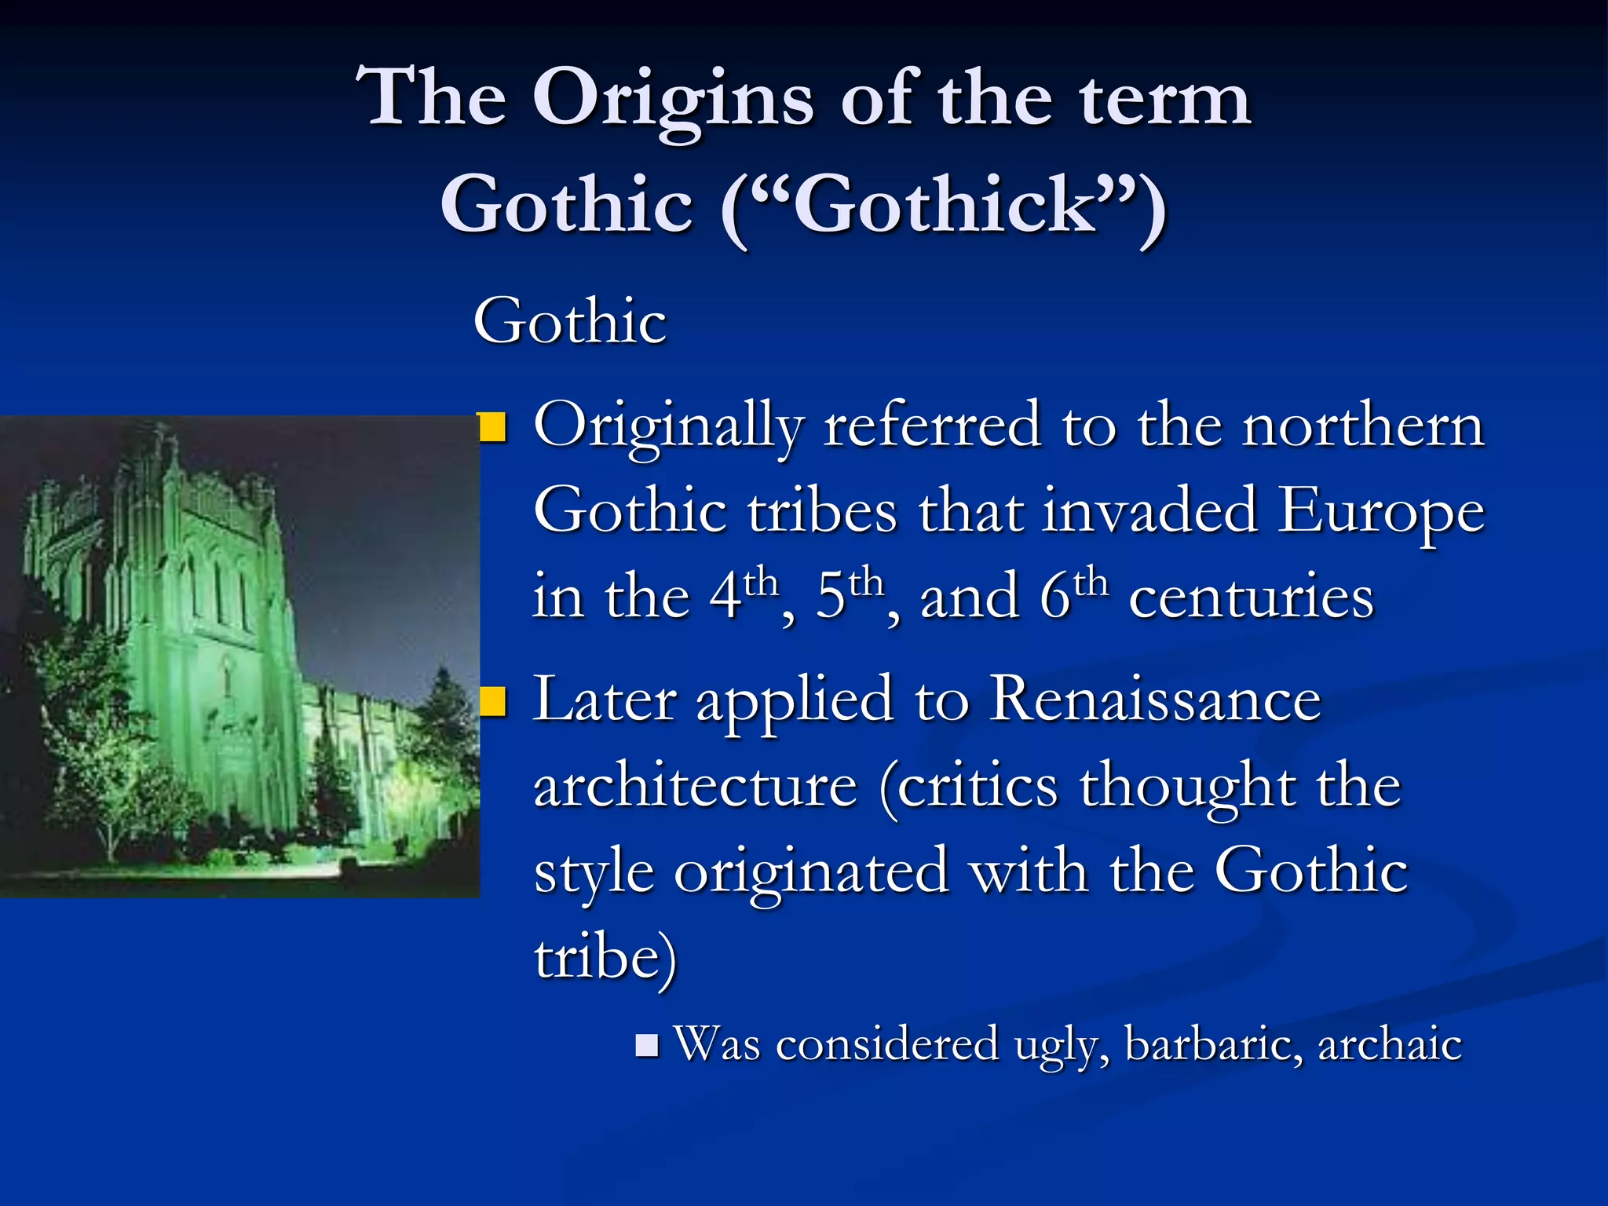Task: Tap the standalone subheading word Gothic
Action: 570,322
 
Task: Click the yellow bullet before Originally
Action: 493,428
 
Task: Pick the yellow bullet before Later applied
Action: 493,702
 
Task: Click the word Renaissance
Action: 1155,699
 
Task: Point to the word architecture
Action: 696,787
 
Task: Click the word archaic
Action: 1389,1045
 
